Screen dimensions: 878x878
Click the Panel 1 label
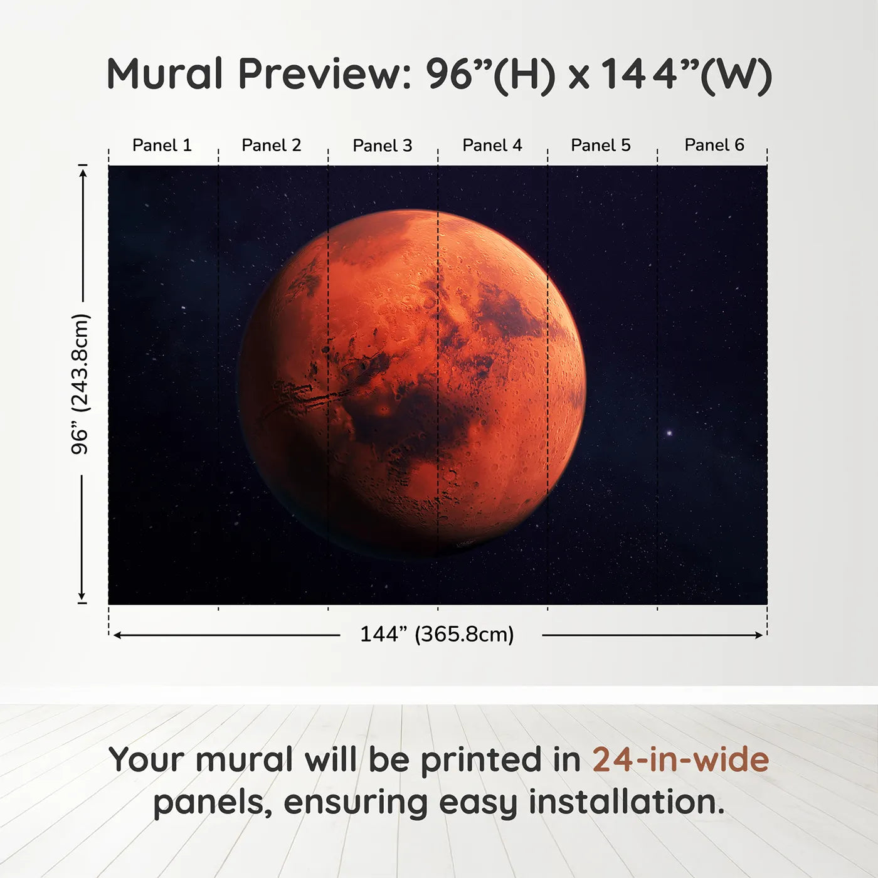click(162, 145)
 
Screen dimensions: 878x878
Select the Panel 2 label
click(272, 145)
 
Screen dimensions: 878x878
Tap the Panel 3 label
click(383, 146)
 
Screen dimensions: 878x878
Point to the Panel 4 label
click(492, 145)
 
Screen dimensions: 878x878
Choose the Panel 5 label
click(601, 145)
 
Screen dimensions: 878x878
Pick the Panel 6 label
click(714, 145)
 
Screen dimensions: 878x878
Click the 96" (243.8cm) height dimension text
click(80, 384)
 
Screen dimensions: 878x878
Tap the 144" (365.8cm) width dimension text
click(437, 635)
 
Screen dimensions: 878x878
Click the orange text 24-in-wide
click(680, 759)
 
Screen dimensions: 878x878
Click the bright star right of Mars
click(669, 433)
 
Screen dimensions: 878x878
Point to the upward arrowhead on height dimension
click(83, 171)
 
